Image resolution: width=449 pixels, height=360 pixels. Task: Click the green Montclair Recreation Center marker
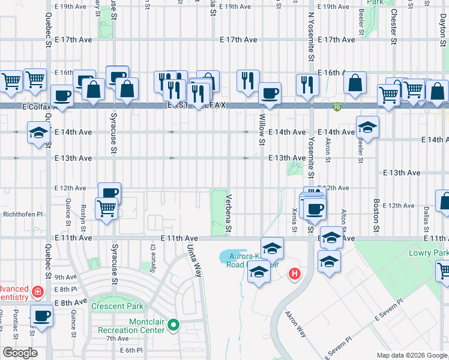pos(174,326)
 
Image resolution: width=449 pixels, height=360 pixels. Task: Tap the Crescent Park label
pos(118,306)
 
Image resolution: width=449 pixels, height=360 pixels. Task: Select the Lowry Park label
pos(429,253)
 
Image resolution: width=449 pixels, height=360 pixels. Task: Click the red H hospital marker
pos(294,275)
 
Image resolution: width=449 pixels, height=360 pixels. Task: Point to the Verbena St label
pos(228,214)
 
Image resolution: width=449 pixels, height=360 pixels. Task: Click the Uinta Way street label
pos(194,260)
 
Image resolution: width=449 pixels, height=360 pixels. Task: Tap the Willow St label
pos(262,130)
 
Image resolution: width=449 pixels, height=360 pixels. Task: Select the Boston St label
pos(376,215)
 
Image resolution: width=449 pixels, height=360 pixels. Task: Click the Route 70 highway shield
pos(339,106)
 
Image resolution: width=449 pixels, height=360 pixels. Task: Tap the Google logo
pos(20,353)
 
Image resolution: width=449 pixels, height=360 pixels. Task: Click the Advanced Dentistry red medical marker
pos(37,292)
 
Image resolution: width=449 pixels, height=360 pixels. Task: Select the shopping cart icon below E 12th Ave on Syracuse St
pos(106,208)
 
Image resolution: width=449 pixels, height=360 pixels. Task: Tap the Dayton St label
pos(442,29)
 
